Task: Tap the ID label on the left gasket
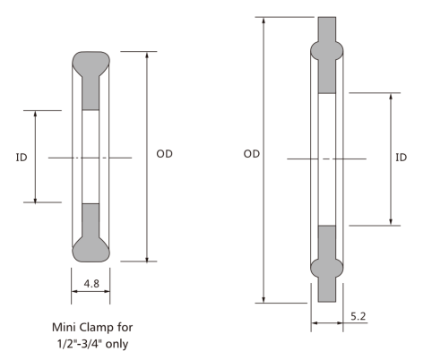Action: [x=21, y=157]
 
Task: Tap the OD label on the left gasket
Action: [x=164, y=154]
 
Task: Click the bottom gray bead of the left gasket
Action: [x=91, y=247]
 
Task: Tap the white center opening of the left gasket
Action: [x=91, y=157]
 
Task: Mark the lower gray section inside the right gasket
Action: [x=325, y=240]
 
